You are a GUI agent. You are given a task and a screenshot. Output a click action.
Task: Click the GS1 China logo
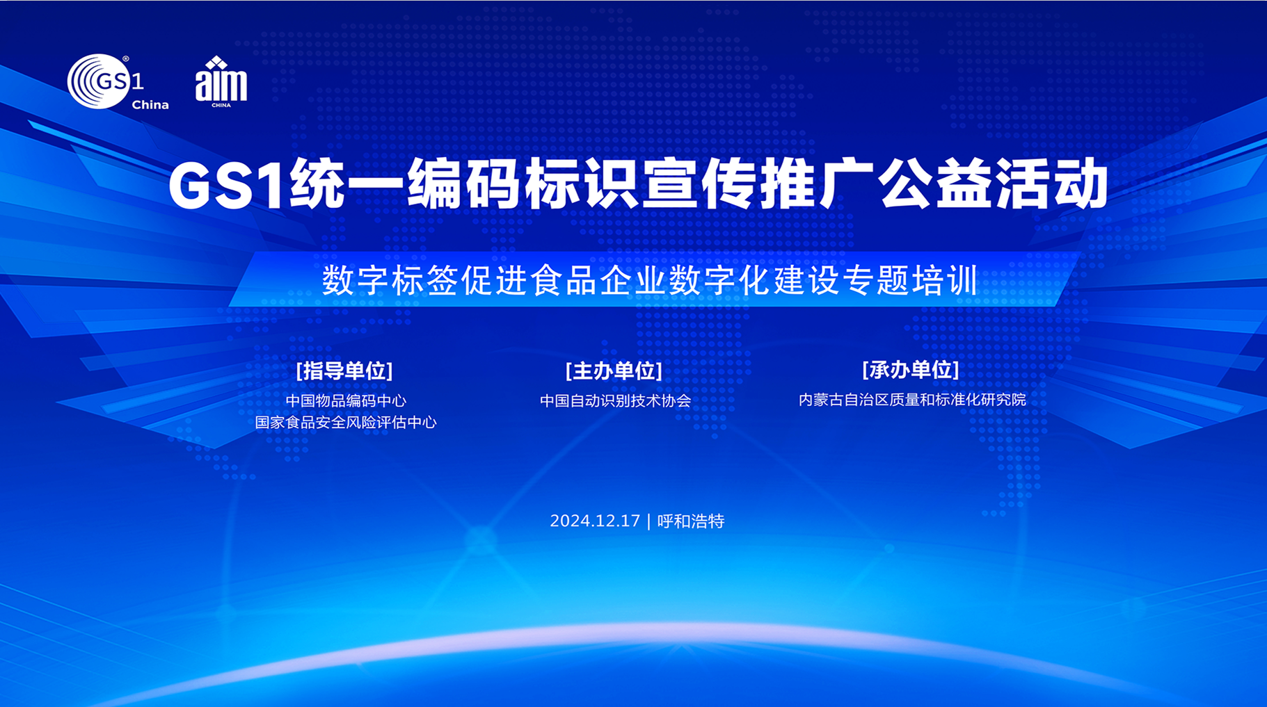(118, 82)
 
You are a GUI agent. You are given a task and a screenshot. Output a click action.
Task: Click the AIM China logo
(221, 82)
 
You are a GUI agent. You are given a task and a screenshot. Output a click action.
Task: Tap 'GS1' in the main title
(227, 185)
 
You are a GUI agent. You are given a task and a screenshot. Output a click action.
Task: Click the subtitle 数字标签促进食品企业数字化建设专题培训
(651, 280)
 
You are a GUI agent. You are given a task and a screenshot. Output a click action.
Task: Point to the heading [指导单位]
(344, 371)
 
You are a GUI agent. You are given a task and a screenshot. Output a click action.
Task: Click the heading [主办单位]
(614, 371)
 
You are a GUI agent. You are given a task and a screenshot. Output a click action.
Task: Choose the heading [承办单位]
(911, 370)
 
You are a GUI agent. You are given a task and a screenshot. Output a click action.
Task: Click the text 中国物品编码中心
(346, 400)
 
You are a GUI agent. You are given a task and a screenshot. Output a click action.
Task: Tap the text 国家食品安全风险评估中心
(346, 422)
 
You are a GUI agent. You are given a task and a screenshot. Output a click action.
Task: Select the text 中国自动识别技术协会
(615, 400)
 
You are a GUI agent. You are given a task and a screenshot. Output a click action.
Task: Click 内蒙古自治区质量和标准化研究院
(912, 400)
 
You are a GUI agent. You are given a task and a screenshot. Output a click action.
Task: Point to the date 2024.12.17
(595, 521)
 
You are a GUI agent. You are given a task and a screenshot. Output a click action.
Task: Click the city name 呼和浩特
(691, 521)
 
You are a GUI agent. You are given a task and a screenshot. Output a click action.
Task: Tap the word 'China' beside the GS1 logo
(150, 105)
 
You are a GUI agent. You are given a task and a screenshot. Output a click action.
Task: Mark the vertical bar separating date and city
(648, 521)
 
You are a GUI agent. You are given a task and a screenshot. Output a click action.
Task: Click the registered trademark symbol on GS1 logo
(126, 59)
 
